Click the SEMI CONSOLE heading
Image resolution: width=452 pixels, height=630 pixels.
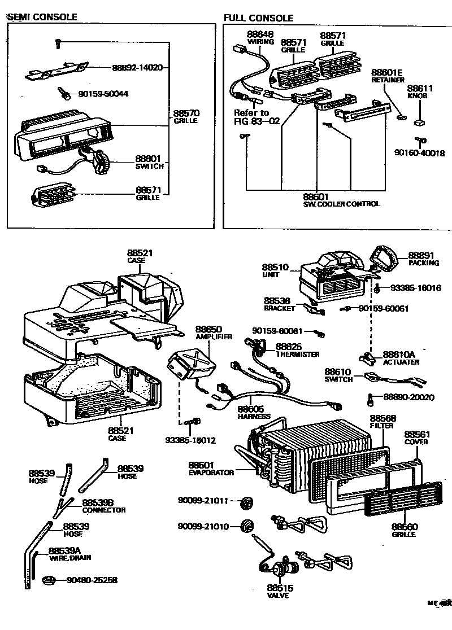[42, 17]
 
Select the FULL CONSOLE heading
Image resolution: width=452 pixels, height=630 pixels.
[258, 18]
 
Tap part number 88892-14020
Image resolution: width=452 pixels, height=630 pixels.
[137, 67]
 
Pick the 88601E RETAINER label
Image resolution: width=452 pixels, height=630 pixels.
[387, 76]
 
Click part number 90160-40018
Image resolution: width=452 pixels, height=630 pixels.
[420, 152]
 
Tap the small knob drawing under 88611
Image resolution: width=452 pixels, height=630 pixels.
[419, 121]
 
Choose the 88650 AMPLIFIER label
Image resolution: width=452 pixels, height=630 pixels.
[210, 333]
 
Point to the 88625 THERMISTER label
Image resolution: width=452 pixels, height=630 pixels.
[297, 350]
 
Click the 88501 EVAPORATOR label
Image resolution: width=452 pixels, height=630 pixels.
[211, 469]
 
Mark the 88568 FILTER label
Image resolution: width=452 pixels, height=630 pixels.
[383, 421]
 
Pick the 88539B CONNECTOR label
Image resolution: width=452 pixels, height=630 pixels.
[103, 506]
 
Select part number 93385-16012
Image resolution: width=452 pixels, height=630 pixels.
[190, 440]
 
